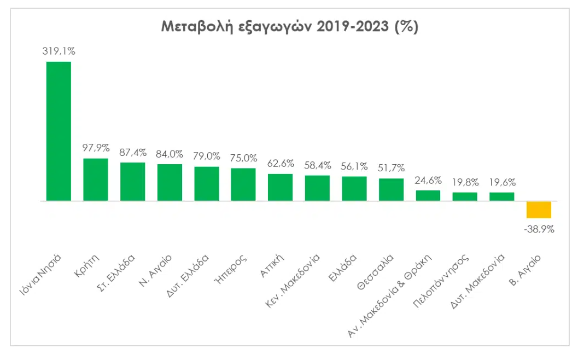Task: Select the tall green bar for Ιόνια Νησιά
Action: click(x=59, y=131)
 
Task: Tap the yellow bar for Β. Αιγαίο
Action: click(x=539, y=210)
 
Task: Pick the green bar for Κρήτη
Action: click(x=96, y=179)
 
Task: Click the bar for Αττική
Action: click(x=280, y=187)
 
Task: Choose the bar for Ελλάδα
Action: click(x=354, y=189)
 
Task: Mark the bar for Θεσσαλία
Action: click(x=391, y=189)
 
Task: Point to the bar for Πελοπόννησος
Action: click(x=465, y=196)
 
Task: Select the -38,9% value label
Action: click(x=539, y=230)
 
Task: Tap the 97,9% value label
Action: click(x=96, y=148)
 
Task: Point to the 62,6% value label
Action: click(x=280, y=163)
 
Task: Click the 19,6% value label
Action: click(x=502, y=182)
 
